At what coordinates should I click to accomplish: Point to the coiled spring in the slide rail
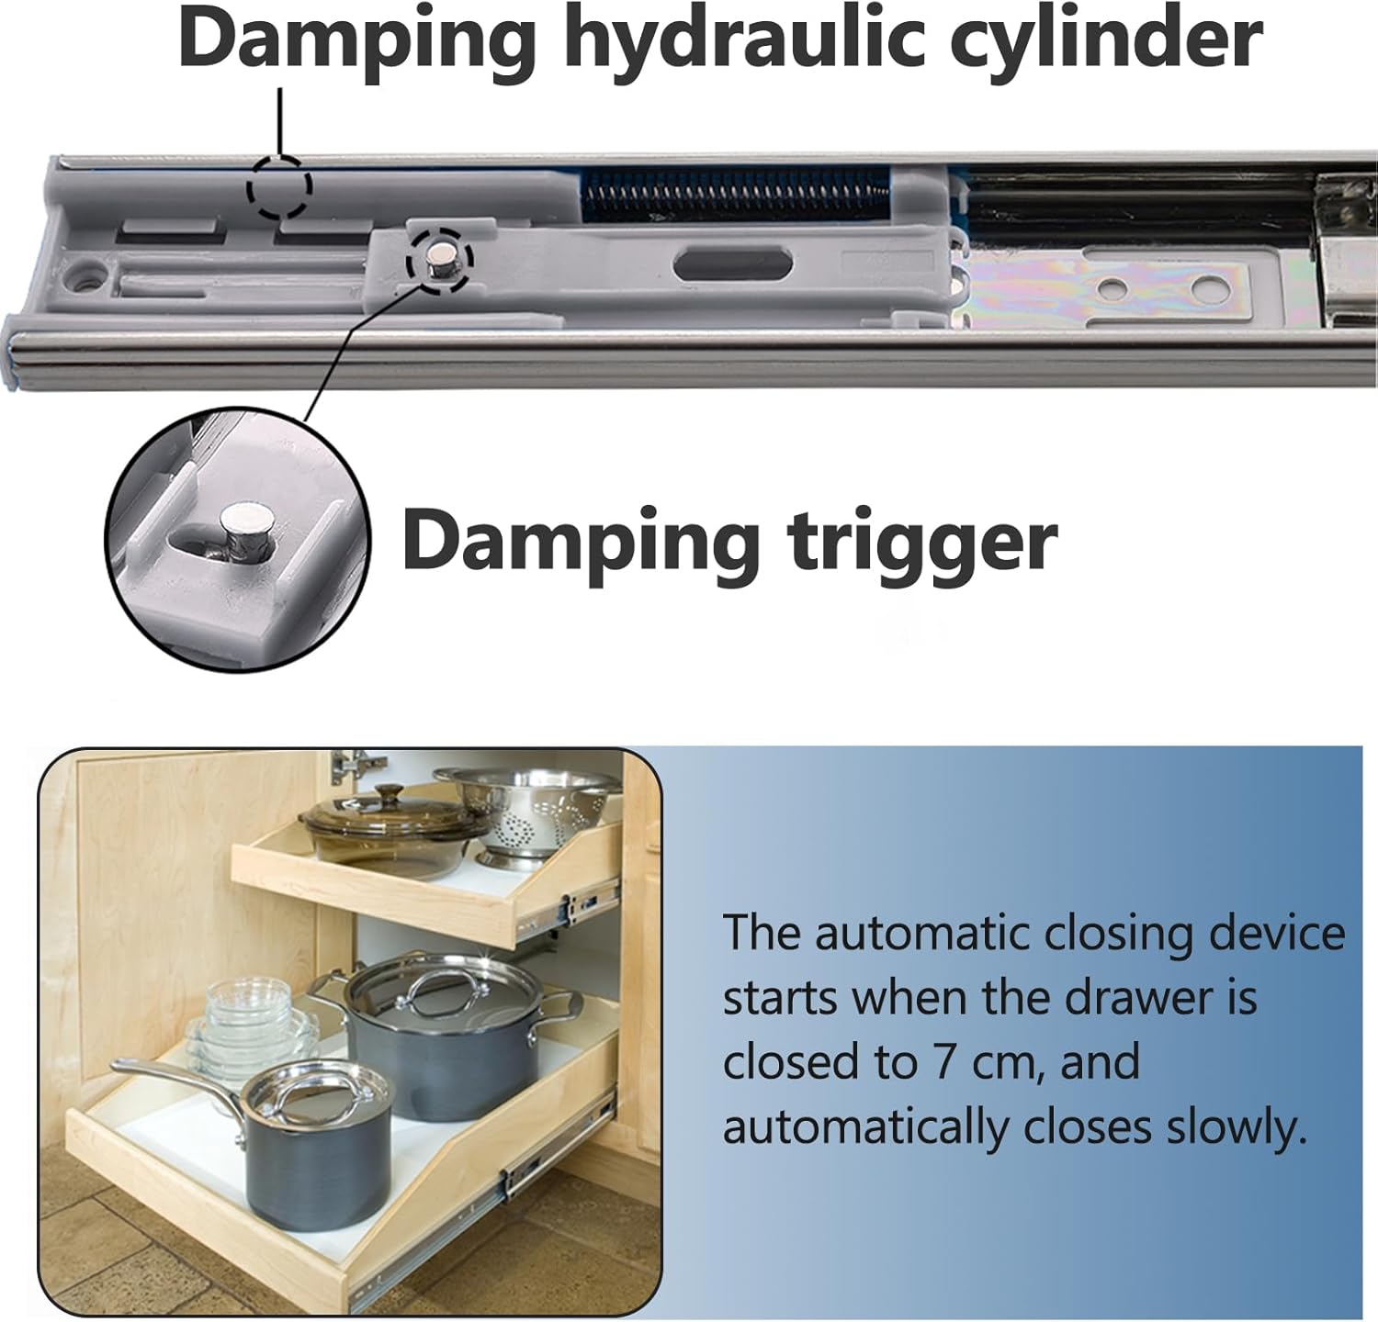pyautogui.click(x=735, y=196)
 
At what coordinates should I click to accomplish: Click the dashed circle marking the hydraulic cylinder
pyautogui.click(x=278, y=187)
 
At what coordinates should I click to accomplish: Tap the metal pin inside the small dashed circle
pyautogui.click(x=439, y=262)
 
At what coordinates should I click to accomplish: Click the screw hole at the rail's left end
pyautogui.click(x=89, y=274)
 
